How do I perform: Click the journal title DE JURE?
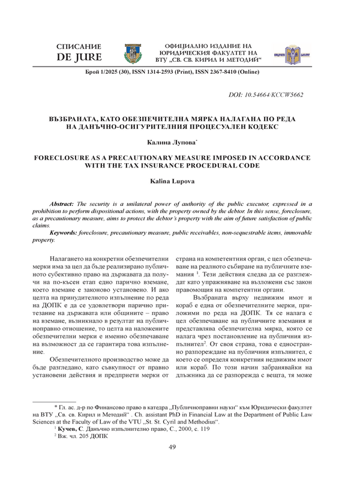(x=77, y=58)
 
